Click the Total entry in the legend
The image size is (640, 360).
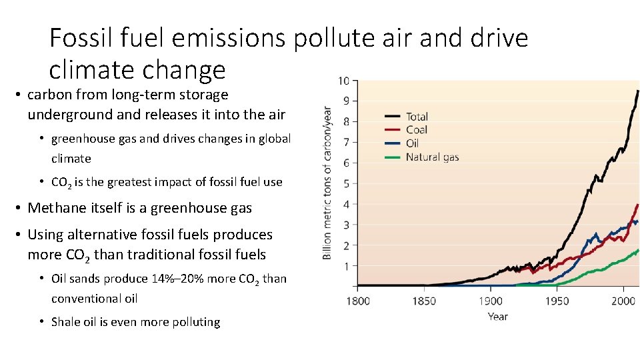pyautogui.click(x=417, y=117)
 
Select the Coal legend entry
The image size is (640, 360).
pyautogui.click(x=416, y=130)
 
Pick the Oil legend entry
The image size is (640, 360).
pyautogui.click(x=413, y=143)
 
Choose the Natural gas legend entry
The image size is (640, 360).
pyautogui.click(x=432, y=157)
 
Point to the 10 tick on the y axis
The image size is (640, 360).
pyautogui.click(x=343, y=81)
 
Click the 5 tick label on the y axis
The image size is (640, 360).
pyautogui.click(x=345, y=183)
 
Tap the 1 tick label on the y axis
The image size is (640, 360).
pyautogui.click(x=345, y=266)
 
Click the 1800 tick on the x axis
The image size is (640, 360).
pyautogui.click(x=359, y=301)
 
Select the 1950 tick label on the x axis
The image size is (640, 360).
pyautogui.click(x=557, y=301)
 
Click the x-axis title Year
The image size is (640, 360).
pyautogui.click(x=497, y=316)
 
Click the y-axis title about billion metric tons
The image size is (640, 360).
pyautogui.click(x=327, y=183)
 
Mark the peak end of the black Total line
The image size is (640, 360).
pyautogui.click(x=638, y=91)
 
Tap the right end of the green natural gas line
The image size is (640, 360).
pyautogui.click(x=638, y=250)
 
